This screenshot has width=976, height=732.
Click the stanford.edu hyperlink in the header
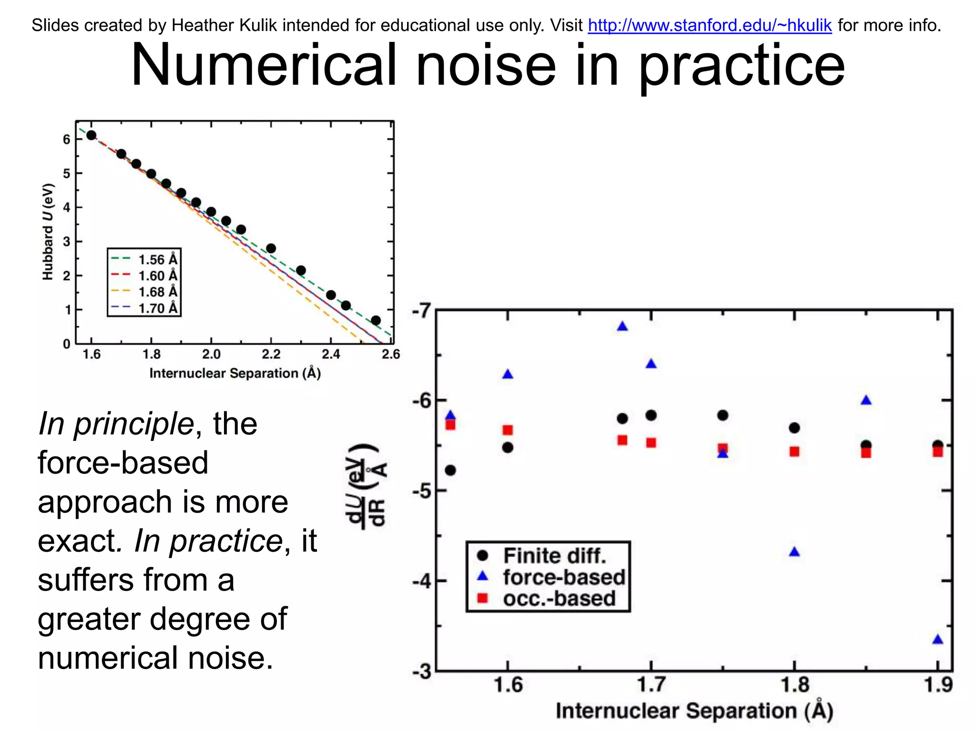709,25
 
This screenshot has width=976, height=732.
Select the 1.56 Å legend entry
157,260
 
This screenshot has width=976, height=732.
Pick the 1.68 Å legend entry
157,292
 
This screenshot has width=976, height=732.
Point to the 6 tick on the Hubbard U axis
66,140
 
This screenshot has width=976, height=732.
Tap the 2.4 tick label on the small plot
331,355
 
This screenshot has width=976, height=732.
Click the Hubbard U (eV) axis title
48,232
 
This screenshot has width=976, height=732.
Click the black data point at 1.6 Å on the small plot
91,135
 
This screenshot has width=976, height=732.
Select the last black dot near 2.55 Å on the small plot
376,320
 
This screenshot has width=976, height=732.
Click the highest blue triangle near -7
622,326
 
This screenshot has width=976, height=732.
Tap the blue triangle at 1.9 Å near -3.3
937,640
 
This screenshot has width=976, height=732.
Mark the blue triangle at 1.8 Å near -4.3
794,552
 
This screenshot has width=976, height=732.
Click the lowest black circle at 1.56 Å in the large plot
450,470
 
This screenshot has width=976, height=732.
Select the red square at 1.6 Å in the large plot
508,430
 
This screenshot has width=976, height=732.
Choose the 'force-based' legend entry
564,577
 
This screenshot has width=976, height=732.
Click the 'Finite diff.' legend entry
554,556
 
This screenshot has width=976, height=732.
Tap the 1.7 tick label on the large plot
651,685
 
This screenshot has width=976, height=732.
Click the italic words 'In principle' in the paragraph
116,424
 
